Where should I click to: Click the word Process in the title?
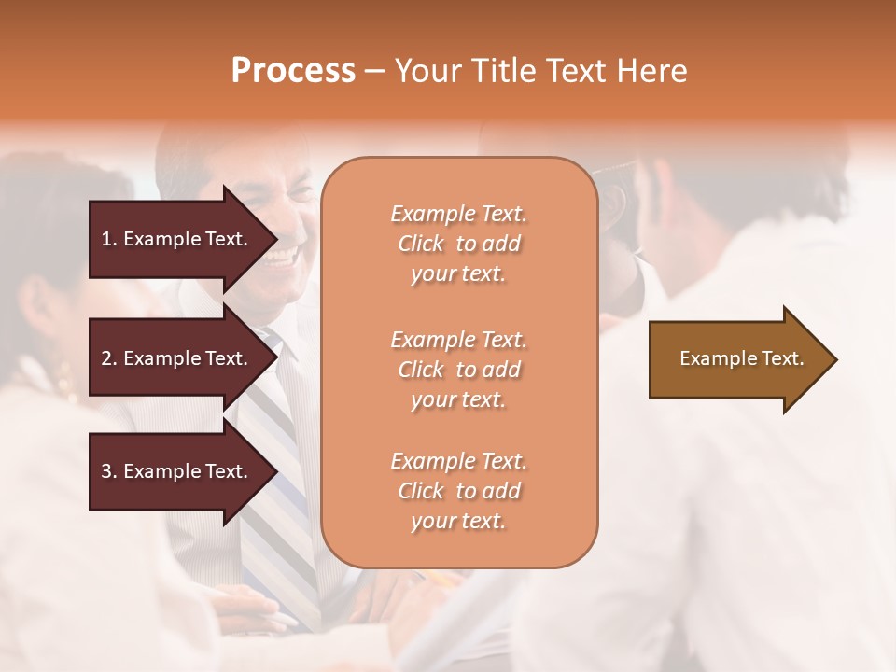pos(293,71)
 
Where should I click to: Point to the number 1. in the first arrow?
pos(108,239)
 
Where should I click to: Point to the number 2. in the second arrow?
pos(108,358)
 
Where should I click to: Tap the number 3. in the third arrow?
pos(108,471)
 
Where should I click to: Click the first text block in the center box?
pos(458,244)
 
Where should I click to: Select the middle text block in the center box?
pos(458,370)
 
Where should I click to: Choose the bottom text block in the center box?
pos(458,491)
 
